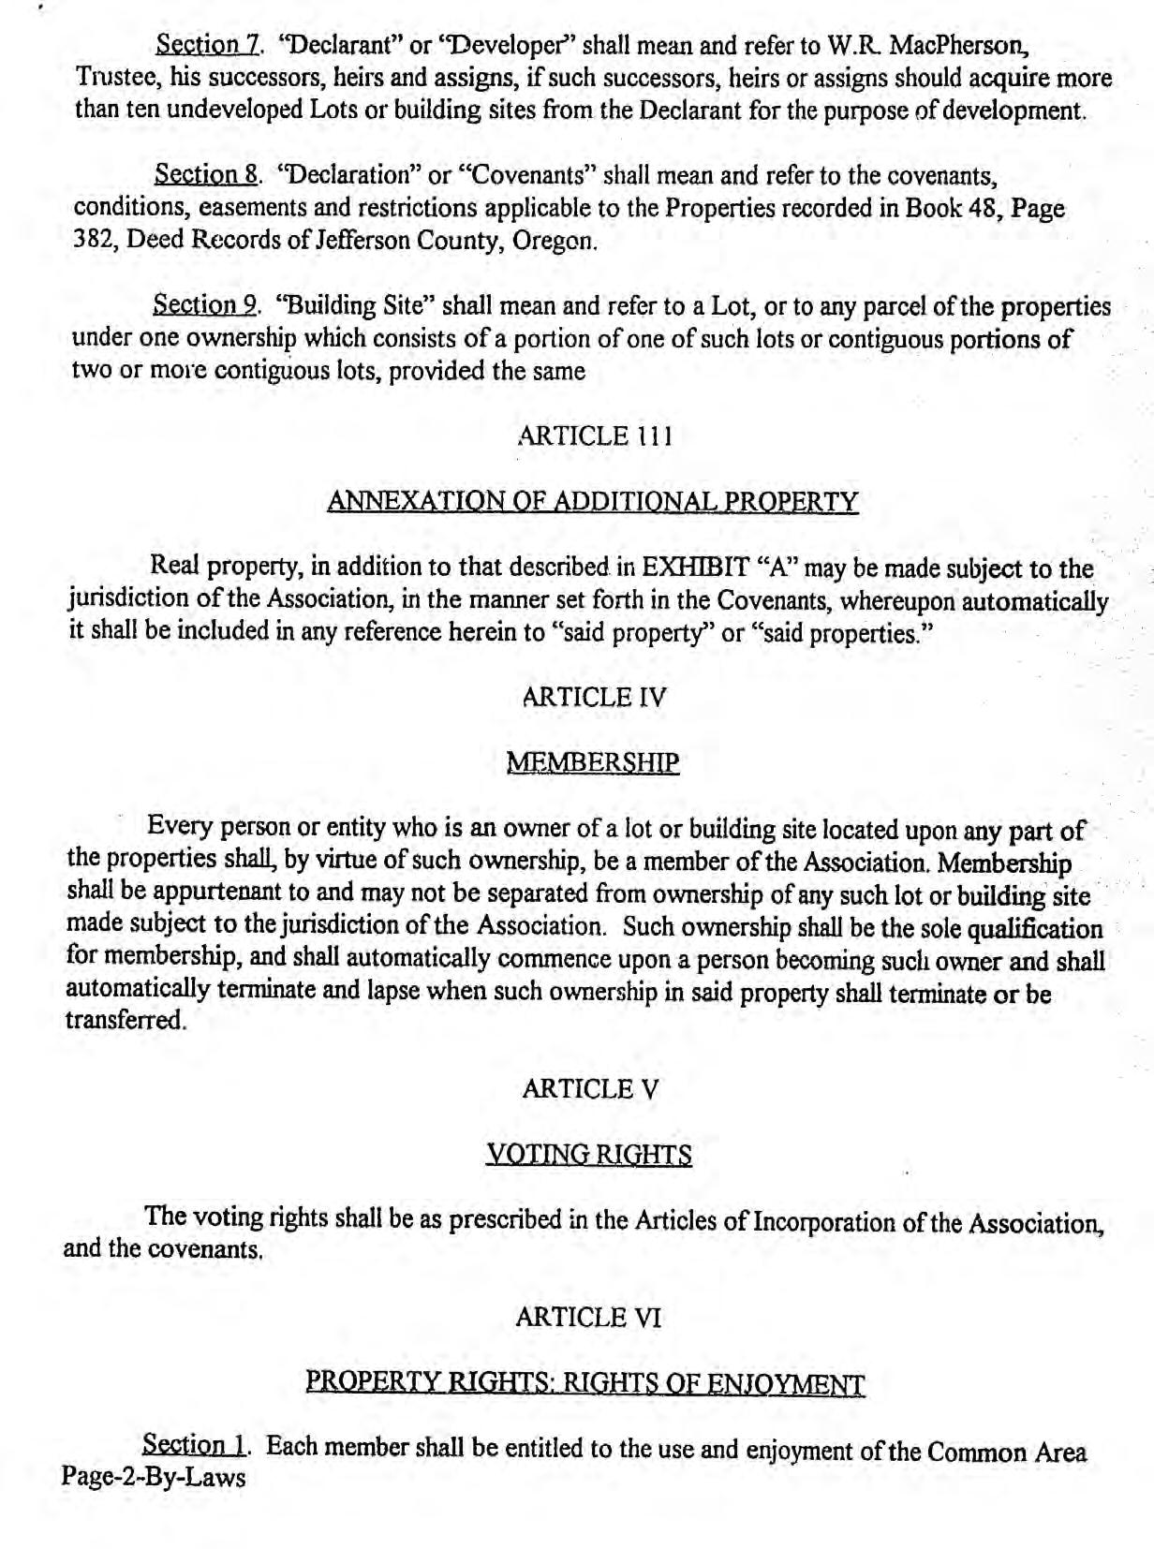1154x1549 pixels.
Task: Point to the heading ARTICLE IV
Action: click(x=594, y=697)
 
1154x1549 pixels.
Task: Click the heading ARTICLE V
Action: click(x=590, y=1089)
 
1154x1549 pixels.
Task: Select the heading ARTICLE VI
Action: click(x=588, y=1318)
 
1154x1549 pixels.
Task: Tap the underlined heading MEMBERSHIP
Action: click(x=592, y=762)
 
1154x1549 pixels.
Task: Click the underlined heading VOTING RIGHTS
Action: click(x=589, y=1155)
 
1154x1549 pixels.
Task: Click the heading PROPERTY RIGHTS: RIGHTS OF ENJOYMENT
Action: click(x=585, y=1383)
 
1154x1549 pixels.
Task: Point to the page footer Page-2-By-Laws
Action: click(x=154, y=1478)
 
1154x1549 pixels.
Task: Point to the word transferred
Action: click(x=126, y=1021)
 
